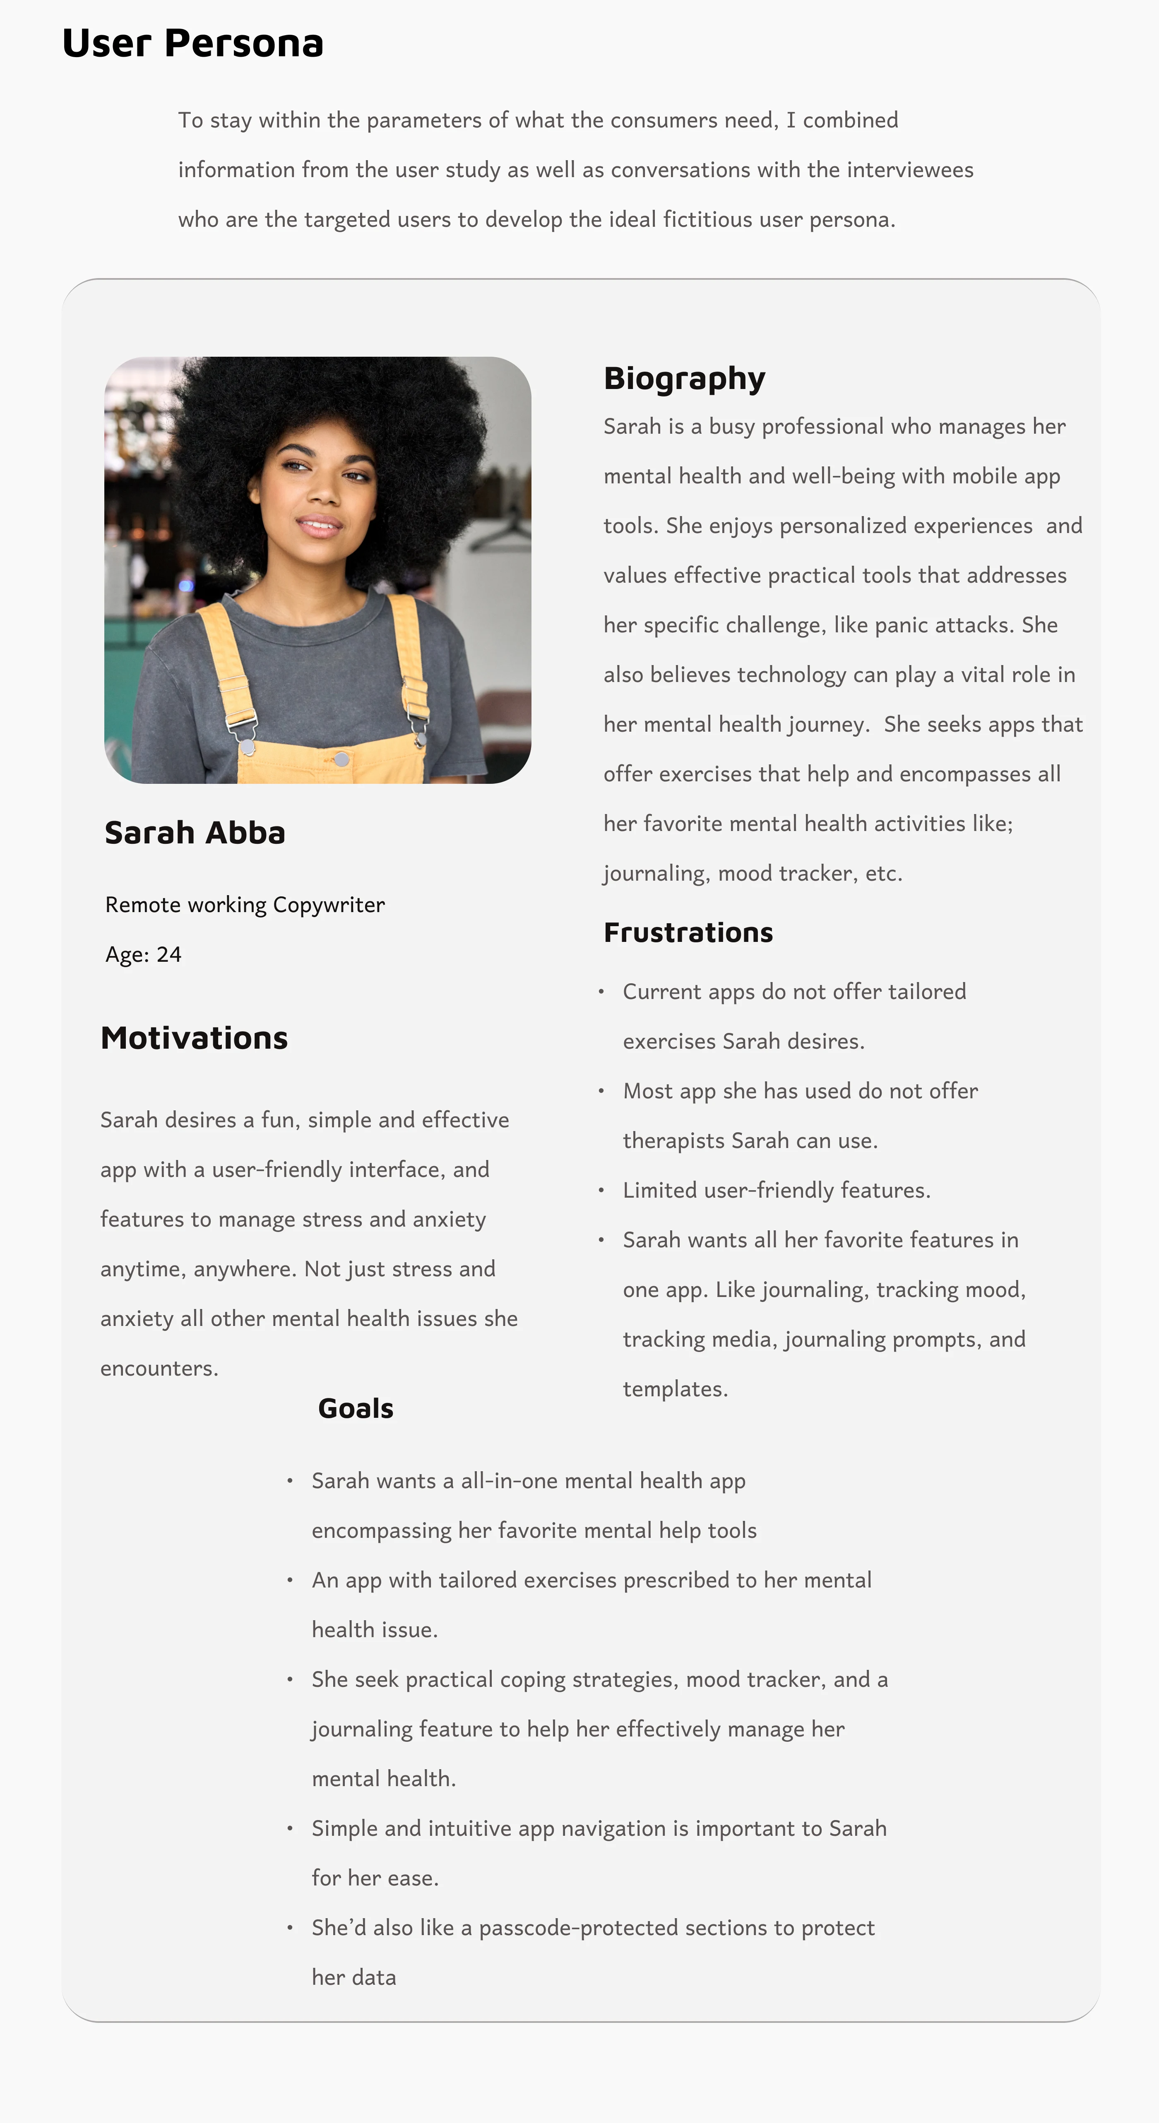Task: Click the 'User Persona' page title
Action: click(192, 43)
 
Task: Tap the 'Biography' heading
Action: click(684, 378)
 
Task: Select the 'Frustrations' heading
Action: click(688, 932)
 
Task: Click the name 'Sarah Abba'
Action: click(195, 832)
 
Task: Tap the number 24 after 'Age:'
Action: click(169, 954)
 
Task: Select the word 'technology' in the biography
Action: click(791, 675)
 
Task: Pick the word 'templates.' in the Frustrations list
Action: click(675, 1389)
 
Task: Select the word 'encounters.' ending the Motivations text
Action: click(159, 1368)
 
